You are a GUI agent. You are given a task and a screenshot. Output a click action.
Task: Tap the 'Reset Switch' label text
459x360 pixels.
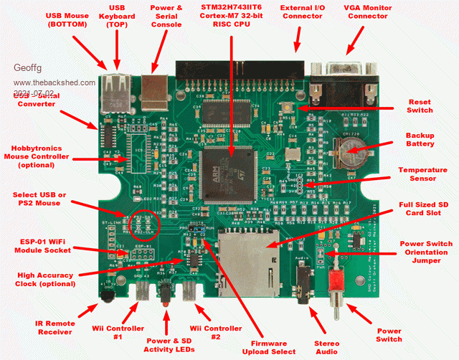click(x=420, y=106)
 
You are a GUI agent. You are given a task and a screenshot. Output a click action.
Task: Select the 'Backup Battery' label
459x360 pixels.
click(x=420, y=139)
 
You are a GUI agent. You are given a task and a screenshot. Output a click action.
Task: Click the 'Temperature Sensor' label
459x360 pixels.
click(x=423, y=174)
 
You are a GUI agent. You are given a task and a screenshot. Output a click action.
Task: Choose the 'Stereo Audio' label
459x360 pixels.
click(x=327, y=347)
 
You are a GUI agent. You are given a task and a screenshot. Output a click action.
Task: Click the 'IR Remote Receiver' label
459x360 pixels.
click(x=55, y=326)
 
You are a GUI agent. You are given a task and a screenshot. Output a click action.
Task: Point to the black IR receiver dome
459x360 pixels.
click(x=106, y=292)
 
